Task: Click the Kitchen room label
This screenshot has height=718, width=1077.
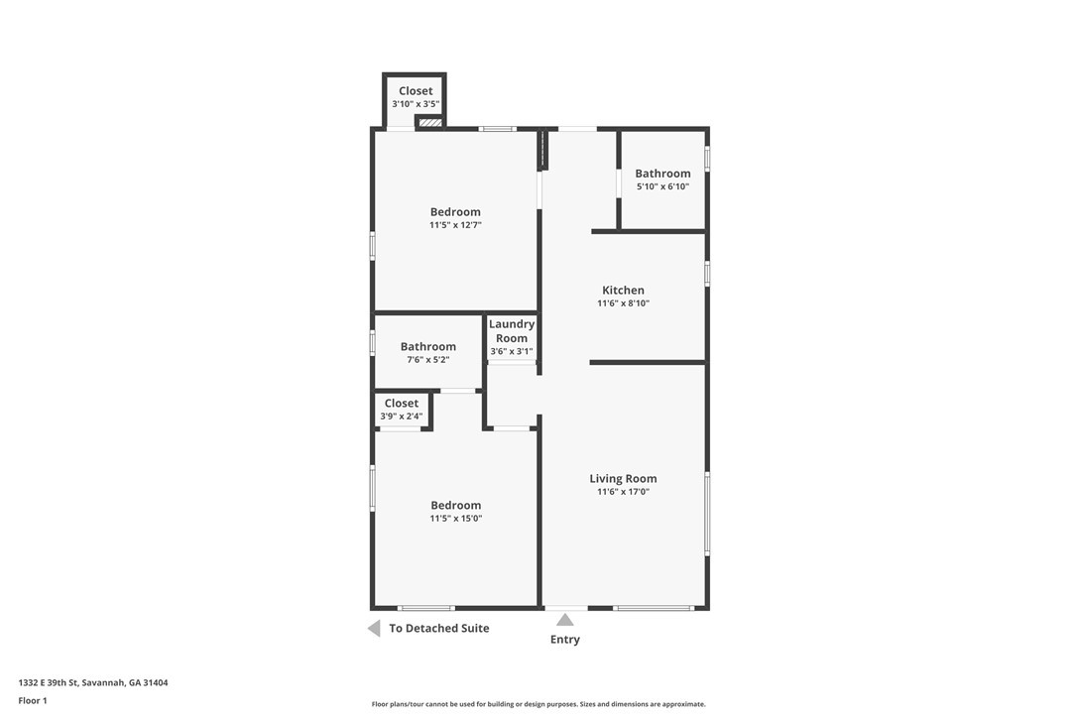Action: (x=623, y=290)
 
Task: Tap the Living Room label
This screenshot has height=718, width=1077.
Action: (x=623, y=478)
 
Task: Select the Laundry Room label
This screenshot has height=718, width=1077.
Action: (x=512, y=330)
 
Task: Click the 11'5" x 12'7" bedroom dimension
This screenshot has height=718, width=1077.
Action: (x=455, y=225)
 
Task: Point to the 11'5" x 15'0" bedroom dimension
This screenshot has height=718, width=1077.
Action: (x=456, y=518)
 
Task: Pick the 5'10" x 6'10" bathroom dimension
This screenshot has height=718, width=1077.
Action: (x=662, y=186)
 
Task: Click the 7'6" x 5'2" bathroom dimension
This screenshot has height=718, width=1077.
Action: (x=427, y=359)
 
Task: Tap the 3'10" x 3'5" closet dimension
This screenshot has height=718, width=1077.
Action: (x=416, y=104)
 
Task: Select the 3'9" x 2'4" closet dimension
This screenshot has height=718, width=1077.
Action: (x=401, y=416)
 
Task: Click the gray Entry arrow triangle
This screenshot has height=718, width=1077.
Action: (x=564, y=621)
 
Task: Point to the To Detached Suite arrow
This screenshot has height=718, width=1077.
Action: (x=374, y=628)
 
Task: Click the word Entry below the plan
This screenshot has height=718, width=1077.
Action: (x=564, y=639)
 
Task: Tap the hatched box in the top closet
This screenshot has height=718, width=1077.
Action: (x=430, y=122)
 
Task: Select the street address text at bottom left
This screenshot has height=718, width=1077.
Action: (x=93, y=682)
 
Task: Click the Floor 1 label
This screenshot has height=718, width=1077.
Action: (x=33, y=701)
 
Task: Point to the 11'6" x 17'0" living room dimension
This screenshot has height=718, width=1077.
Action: (x=623, y=491)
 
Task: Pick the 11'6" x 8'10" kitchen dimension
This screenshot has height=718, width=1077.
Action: (x=623, y=303)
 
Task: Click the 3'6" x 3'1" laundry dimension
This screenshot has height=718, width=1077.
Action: (x=512, y=351)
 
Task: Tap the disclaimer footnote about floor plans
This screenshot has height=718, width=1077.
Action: (x=538, y=703)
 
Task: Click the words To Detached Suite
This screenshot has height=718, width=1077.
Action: (x=439, y=628)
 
